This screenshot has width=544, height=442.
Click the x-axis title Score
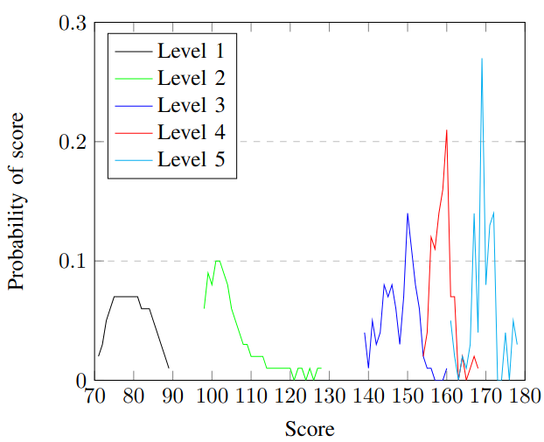[x=310, y=429]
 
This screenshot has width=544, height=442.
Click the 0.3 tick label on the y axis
[x=73, y=23]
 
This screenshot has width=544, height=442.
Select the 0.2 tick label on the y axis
[x=73, y=142]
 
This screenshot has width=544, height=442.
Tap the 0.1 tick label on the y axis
[x=73, y=261]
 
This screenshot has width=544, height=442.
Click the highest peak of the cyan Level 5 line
[x=481, y=59]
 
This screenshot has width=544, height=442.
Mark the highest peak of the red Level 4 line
[x=446, y=130]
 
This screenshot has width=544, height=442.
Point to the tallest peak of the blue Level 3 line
[x=407, y=214]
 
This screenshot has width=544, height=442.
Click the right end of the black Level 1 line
[x=169, y=368]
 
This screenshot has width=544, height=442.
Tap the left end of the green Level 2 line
[x=204, y=309]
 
